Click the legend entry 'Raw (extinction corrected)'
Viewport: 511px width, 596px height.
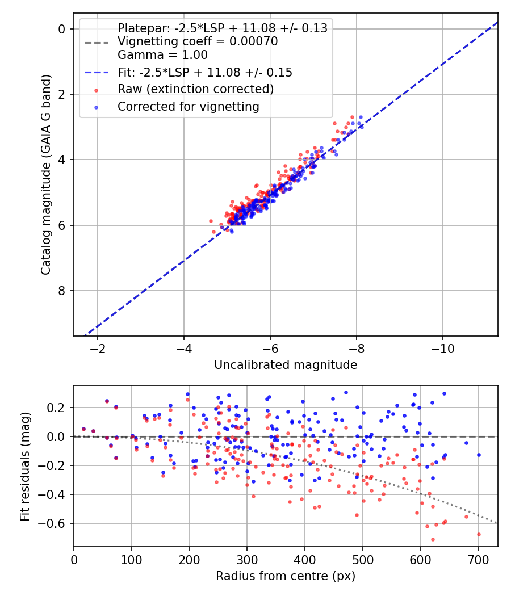tap(195, 89)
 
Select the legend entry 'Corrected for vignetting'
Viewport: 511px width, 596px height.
tap(188, 106)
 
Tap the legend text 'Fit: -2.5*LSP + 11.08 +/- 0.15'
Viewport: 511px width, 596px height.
tap(204, 72)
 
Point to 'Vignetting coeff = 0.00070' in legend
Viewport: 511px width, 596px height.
tap(198, 41)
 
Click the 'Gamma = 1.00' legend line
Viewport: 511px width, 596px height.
tap(162, 55)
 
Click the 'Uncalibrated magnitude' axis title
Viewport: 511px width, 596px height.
tap(286, 365)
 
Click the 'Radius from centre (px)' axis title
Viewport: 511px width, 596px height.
tap(286, 576)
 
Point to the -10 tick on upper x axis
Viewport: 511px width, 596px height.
tap(442, 348)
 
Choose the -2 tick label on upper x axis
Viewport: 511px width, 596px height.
tap(98, 348)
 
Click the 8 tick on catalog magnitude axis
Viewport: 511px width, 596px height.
tap(63, 291)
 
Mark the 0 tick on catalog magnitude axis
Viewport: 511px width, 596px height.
tap(63, 28)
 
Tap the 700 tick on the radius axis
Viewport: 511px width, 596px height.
tap(478, 559)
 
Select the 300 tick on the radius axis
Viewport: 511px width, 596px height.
tap(247, 559)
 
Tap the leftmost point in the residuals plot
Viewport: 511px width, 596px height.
tap(83, 429)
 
